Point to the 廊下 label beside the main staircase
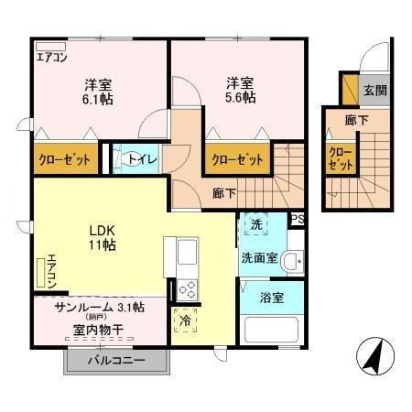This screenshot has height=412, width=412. tap(224, 193)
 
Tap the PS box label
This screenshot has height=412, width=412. tap(297, 219)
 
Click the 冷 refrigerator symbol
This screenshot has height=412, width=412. tap(187, 321)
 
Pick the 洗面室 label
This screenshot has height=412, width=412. tap(259, 259)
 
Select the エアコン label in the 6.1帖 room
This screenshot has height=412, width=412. tap(51, 55)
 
